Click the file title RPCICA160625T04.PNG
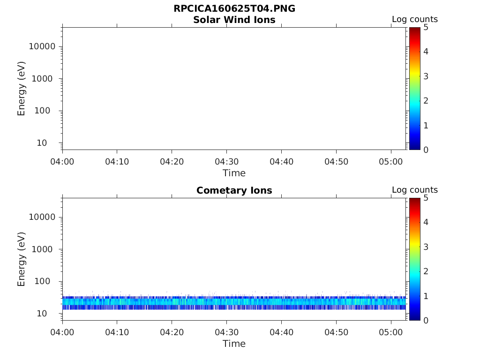pos(234,9)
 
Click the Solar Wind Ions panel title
pos(234,20)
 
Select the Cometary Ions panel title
pos(234,190)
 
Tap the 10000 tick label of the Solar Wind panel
pos(42,46)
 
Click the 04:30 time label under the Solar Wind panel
pos(226,162)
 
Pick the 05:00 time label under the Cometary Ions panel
pos(390,332)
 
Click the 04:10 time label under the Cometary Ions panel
pos(117,332)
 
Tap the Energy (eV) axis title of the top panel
pos(21,89)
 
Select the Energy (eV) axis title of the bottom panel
pos(21,259)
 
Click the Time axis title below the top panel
pos(234,173)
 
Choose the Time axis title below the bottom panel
pos(234,344)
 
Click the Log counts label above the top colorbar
pos(414,19)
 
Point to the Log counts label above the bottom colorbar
pos(414,190)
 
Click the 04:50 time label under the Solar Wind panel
pos(336,162)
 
